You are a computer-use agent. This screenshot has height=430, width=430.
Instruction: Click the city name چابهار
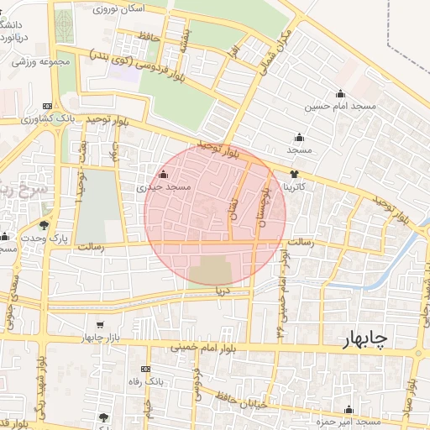365,338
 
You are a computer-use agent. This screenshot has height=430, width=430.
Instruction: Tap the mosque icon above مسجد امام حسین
340,93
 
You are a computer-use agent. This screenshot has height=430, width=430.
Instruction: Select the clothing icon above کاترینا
293,172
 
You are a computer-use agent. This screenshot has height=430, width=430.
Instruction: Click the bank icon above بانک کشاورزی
47,107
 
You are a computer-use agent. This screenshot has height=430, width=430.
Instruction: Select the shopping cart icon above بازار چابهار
100,325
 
